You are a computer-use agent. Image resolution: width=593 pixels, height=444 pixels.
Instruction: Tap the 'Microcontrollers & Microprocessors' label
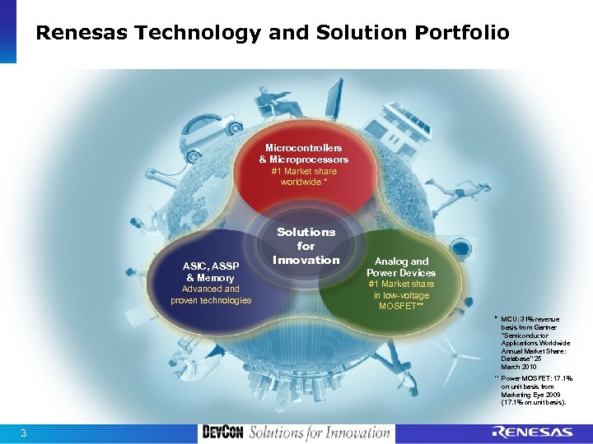[303, 153]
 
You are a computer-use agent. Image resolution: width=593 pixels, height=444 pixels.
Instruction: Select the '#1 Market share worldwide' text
[303, 176]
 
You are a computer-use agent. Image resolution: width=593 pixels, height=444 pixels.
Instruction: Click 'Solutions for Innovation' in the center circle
[306, 246]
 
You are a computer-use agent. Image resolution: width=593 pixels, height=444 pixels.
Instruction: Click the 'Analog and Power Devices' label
[401, 266]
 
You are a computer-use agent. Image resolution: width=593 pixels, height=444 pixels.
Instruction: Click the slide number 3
[24, 433]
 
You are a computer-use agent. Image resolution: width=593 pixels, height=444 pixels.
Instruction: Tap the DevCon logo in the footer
[222, 432]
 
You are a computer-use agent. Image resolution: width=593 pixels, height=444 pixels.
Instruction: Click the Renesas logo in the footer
[531, 432]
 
